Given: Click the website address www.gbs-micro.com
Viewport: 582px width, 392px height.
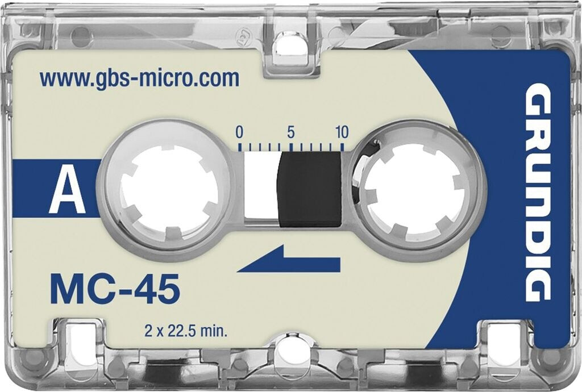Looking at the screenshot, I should (x=139, y=79).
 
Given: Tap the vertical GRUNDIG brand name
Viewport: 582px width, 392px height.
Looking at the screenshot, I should (x=537, y=193).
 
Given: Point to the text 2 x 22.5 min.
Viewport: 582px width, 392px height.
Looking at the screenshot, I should (x=184, y=331).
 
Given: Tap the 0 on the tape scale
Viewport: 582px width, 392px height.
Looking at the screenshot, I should (x=239, y=132).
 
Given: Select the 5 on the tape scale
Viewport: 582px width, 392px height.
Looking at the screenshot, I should (x=290, y=132).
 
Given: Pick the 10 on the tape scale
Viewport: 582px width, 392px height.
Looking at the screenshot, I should (x=342, y=132).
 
